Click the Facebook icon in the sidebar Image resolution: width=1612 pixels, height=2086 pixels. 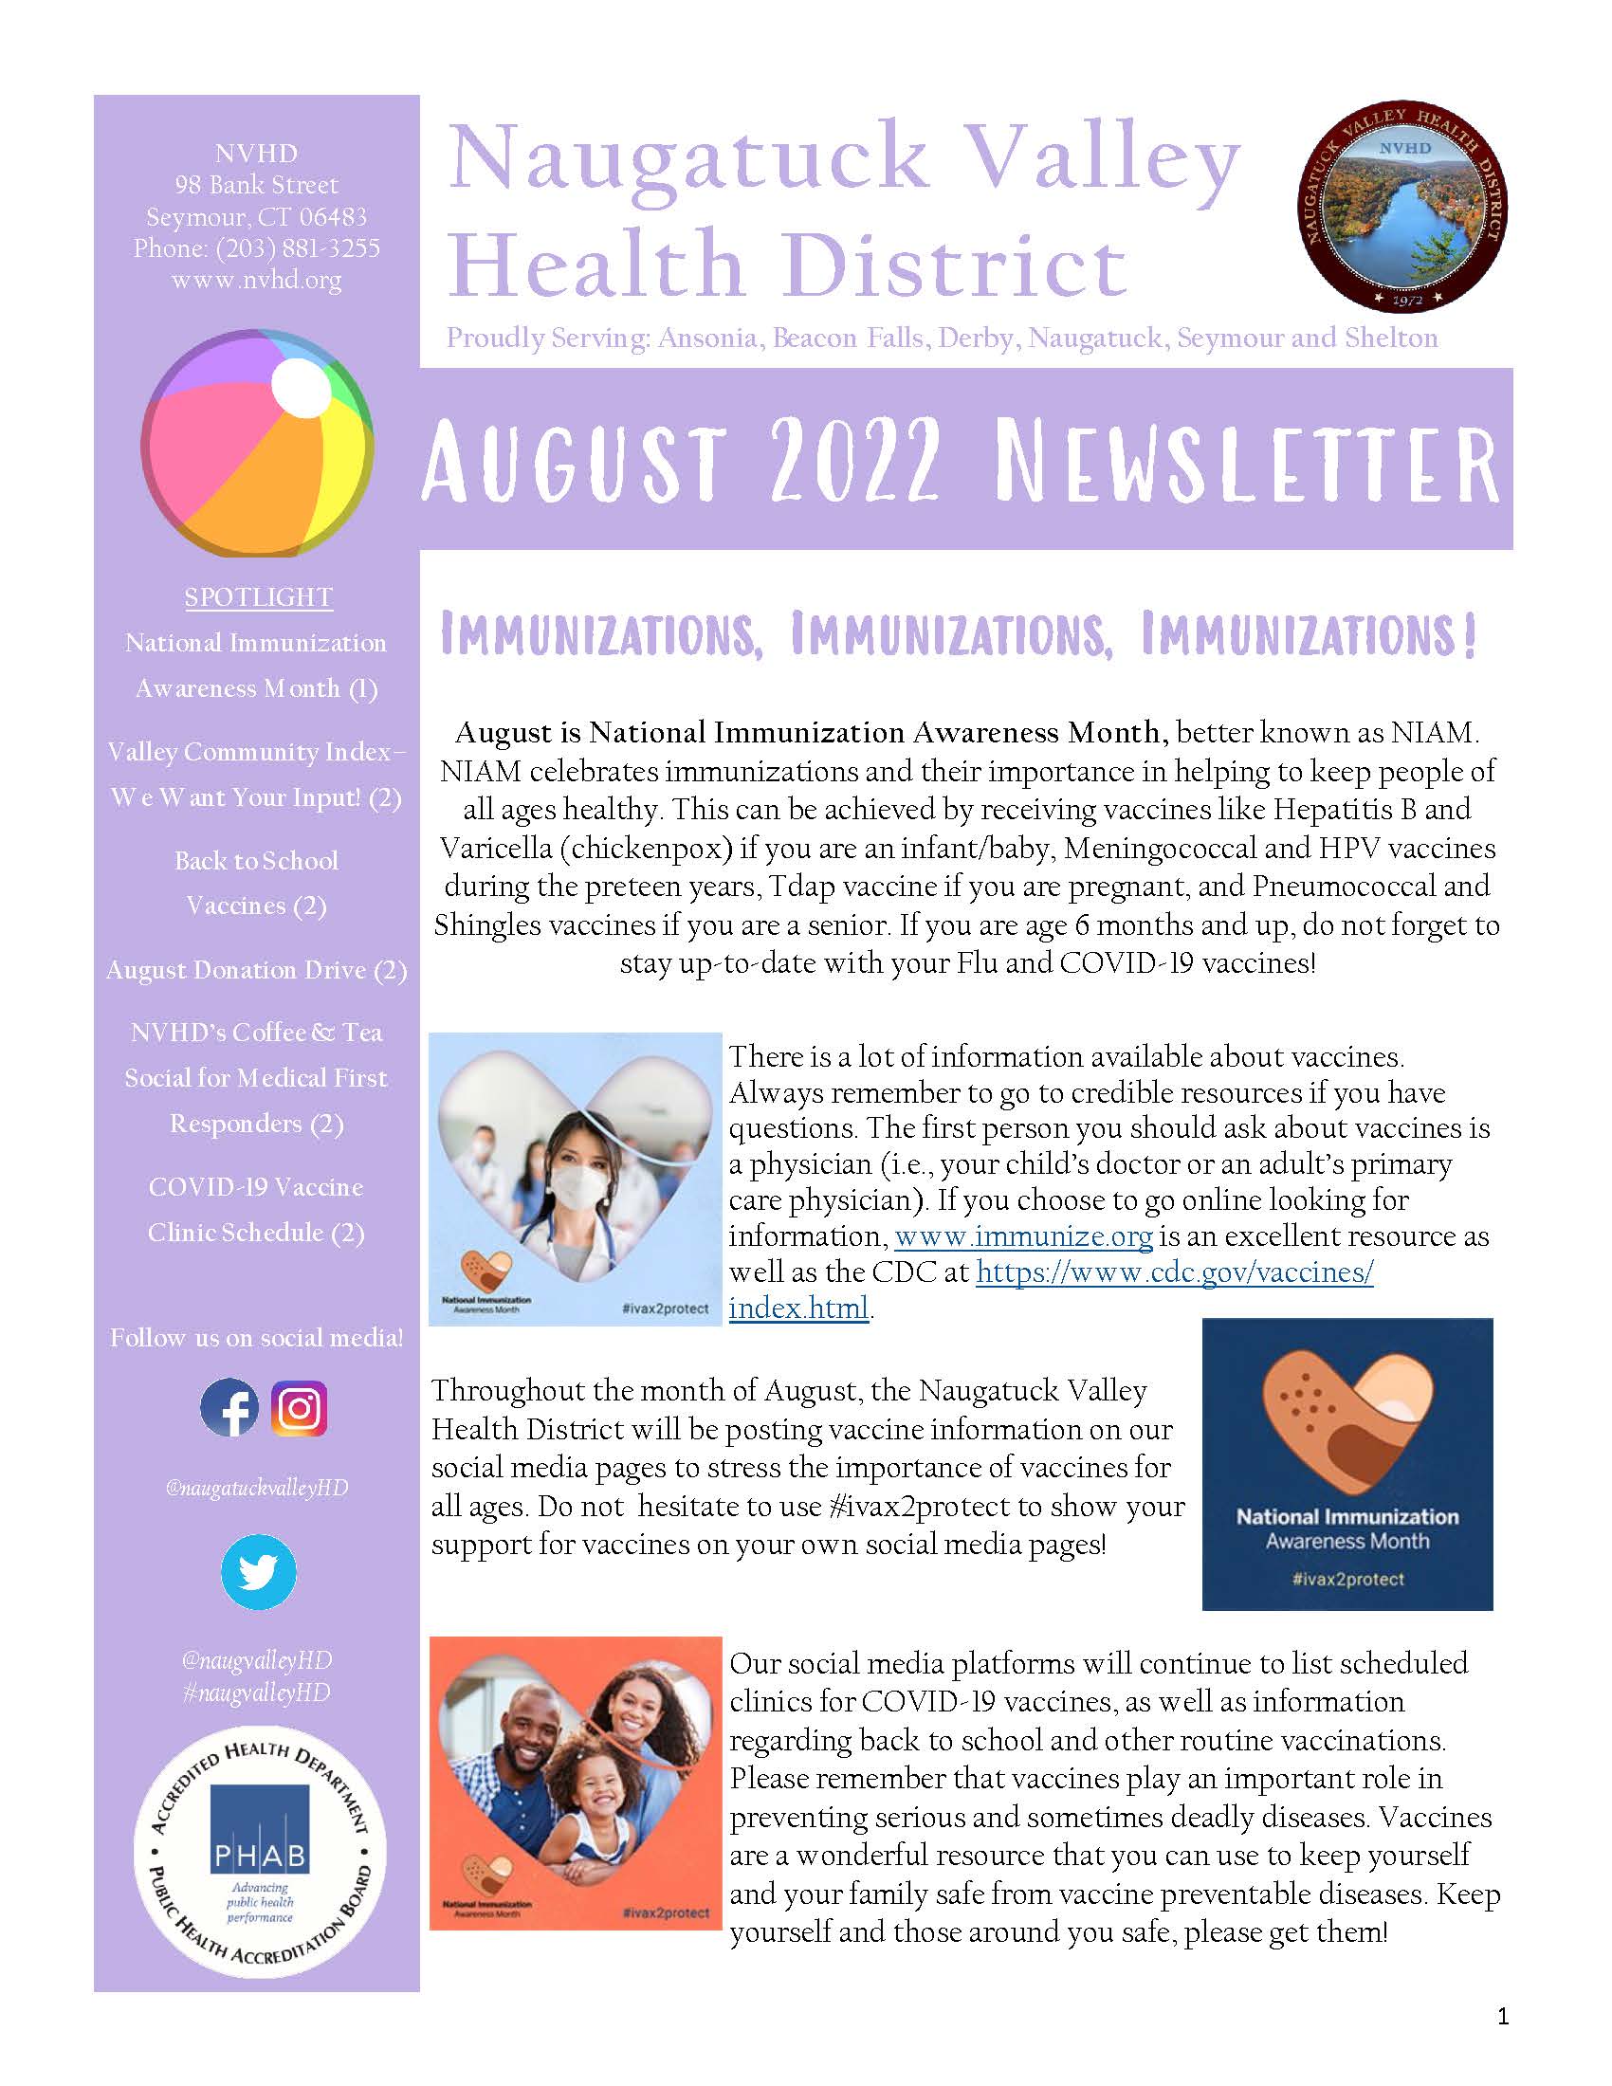click(229, 1408)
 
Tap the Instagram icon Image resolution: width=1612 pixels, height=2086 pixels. click(299, 1408)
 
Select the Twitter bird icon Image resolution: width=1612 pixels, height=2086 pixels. click(258, 1572)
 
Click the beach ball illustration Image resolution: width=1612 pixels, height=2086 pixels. click(257, 443)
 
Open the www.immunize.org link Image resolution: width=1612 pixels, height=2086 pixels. click(1023, 1236)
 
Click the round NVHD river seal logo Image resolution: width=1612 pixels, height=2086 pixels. click(1401, 207)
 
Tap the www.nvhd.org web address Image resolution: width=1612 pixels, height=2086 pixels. click(256, 280)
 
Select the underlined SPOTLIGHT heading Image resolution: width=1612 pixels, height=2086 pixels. click(258, 597)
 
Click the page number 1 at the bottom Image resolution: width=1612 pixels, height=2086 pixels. click(1503, 2016)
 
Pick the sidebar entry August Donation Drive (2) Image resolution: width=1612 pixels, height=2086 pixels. click(256, 969)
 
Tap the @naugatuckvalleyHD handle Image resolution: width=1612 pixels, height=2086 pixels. click(257, 1487)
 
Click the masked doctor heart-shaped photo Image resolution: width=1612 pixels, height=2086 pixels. click(575, 1179)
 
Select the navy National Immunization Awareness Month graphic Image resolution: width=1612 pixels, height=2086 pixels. click(1346, 1464)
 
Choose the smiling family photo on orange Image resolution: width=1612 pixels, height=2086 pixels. click(575, 1783)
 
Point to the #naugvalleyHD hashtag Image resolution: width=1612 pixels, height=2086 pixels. click(256, 1693)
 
